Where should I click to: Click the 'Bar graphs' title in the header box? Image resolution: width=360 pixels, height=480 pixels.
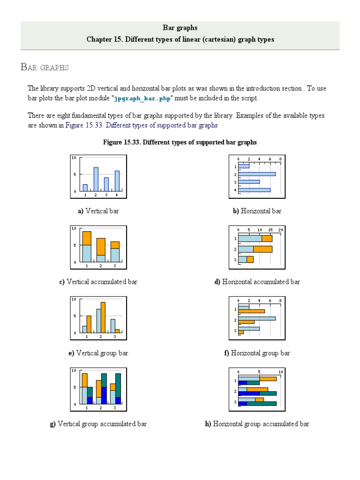point(180,28)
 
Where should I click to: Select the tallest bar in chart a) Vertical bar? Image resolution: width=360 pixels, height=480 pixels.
point(96,179)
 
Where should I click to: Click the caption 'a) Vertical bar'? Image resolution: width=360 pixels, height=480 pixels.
point(98,211)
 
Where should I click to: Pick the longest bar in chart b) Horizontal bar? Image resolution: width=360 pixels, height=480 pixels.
point(256,174)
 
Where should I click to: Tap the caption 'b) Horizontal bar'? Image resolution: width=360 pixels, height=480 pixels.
point(257,211)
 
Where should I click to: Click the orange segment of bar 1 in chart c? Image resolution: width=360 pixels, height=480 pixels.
point(87,238)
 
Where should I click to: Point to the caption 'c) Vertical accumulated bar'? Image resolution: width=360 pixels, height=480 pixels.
point(98,282)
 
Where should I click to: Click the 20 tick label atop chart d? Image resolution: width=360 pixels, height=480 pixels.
point(280,230)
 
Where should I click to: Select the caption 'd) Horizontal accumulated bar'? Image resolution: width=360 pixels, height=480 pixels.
point(257,282)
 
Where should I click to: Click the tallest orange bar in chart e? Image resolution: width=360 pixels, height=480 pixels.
point(103,317)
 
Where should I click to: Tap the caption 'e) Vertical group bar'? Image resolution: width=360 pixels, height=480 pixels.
point(98,353)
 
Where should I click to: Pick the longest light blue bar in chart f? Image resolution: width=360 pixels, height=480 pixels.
point(256,318)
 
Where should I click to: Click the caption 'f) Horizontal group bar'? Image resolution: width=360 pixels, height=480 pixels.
point(257,353)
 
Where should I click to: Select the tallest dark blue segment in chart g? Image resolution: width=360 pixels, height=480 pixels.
point(104,395)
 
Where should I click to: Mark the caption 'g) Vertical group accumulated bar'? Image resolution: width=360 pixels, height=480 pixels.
point(98,424)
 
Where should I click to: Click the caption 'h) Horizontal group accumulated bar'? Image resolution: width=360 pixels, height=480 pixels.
point(257,424)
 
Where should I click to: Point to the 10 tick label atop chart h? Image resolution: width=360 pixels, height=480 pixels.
point(280,372)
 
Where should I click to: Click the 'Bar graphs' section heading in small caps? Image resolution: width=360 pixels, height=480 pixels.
point(45,67)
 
